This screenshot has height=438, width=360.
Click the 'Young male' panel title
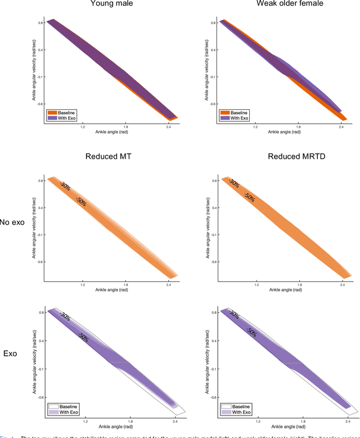(x=112, y=5)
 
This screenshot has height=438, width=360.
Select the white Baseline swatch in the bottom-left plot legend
(x=53, y=406)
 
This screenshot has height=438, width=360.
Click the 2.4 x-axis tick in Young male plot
(x=169, y=127)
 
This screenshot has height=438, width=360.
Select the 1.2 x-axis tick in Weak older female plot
(x=255, y=127)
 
